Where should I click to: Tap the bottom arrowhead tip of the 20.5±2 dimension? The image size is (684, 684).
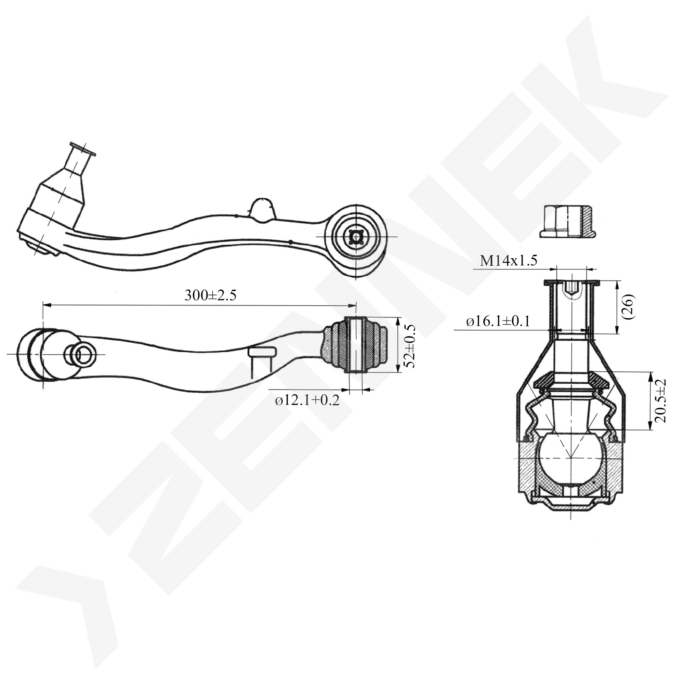click(650, 430)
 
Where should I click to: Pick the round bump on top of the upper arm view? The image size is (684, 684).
click(262, 210)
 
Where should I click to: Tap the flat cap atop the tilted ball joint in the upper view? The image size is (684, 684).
click(83, 149)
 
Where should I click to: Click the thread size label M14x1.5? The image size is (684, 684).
click(509, 261)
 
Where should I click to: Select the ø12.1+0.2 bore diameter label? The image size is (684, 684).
click(307, 400)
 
